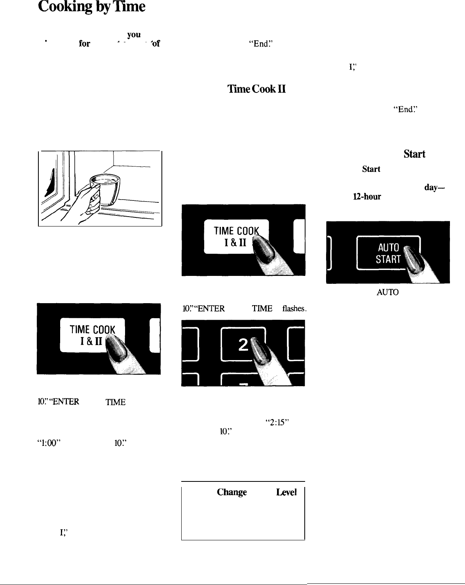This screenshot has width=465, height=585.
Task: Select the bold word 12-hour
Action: click(368, 197)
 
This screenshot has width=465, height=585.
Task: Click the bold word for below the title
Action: click(84, 44)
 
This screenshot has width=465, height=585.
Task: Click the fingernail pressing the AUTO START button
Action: click(413, 256)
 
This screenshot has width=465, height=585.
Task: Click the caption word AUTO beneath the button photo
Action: click(387, 292)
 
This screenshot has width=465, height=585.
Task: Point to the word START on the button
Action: click(388, 259)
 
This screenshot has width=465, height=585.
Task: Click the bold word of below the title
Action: click(156, 44)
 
